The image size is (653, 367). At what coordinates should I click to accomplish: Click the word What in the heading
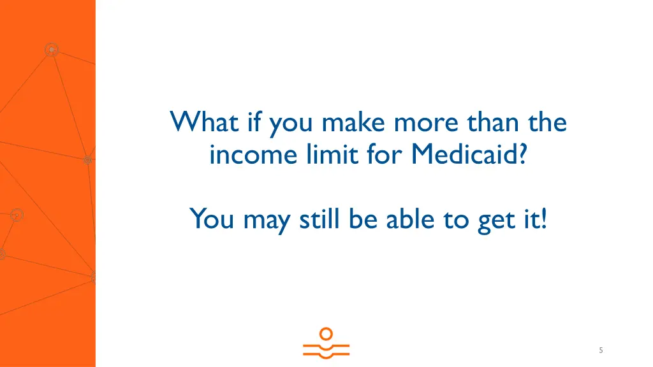[199, 121]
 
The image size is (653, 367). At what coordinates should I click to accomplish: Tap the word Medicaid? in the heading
[469, 154]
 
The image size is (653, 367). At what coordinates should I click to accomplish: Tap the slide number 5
[601, 350]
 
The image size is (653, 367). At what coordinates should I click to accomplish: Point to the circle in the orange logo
[326, 333]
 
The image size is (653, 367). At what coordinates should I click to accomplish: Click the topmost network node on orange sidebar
[52, 49]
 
